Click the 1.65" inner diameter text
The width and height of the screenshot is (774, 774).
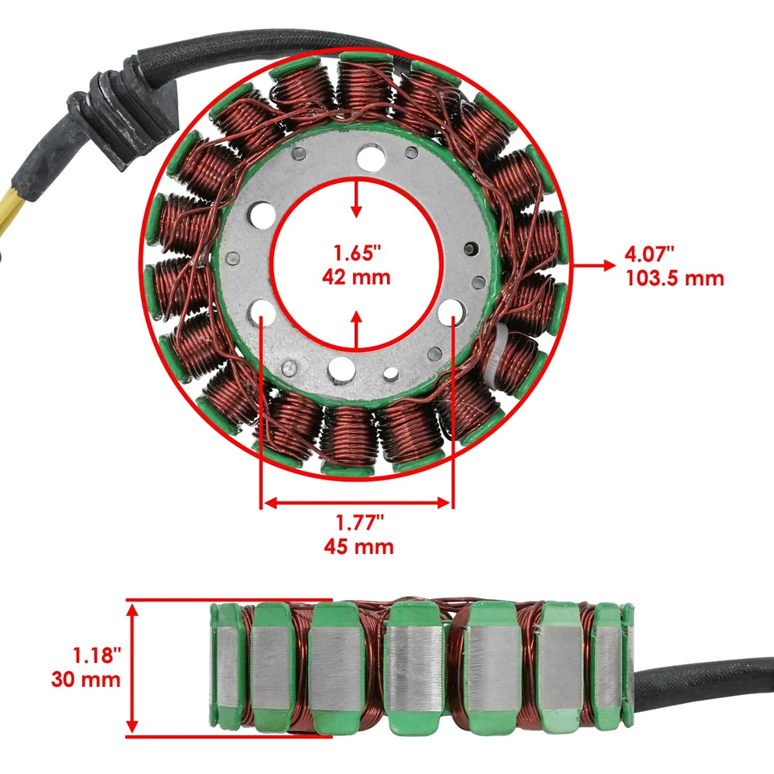[x=356, y=252]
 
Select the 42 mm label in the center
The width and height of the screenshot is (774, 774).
[x=356, y=277]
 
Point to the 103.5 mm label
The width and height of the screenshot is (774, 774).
[x=674, y=279]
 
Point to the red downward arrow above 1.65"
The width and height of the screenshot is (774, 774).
[x=356, y=198]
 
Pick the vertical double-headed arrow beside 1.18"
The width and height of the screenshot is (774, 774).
[x=134, y=668]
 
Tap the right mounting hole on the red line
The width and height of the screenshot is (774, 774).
[x=451, y=311]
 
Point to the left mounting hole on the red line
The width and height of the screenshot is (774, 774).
[x=262, y=311]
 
